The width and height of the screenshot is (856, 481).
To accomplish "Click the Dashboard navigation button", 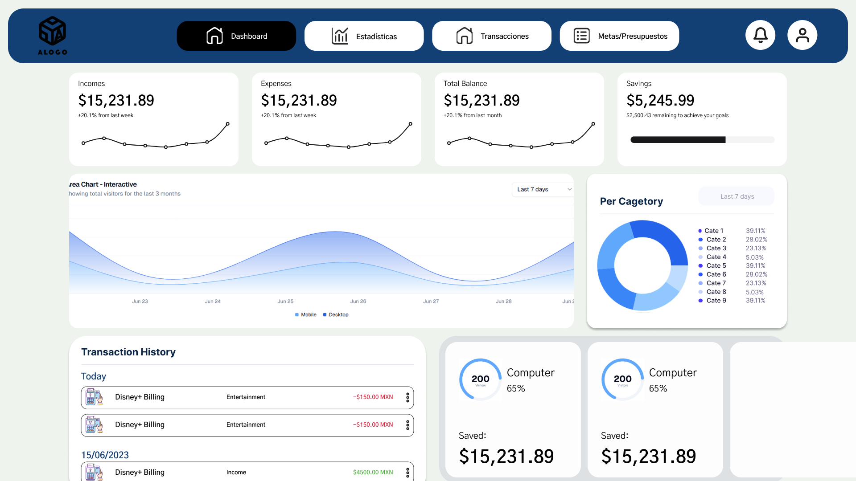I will pyautogui.click(x=236, y=36).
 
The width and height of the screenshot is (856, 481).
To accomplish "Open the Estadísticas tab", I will pyautogui.click(x=364, y=36).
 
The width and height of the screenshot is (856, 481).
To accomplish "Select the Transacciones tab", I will pyautogui.click(x=491, y=36).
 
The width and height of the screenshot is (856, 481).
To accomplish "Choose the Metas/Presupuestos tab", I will pyautogui.click(x=619, y=36).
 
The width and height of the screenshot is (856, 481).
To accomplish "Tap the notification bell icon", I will pyautogui.click(x=760, y=35).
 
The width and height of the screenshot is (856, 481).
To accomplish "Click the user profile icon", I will pyautogui.click(x=802, y=35).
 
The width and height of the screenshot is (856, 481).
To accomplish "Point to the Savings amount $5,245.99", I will pyautogui.click(x=660, y=101).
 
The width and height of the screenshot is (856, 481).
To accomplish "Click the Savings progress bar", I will pyautogui.click(x=702, y=140).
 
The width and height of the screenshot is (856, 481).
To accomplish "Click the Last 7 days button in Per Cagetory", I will pyautogui.click(x=737, y=196).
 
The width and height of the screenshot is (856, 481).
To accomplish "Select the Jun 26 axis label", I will pyautogui.click(x=358, y=302).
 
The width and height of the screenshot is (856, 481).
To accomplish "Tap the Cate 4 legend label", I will pyautogui.click(x=716, y=257).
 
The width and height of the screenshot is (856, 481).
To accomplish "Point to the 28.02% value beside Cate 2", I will pyautogui.click(x=756, y=240).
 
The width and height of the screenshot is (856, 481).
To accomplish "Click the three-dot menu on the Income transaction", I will pyautogui.click(x=407, y=473).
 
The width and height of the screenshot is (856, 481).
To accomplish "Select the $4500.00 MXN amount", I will pyautogui.click(x=373, y=473).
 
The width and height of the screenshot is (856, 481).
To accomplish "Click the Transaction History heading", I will pyautogui.click(x=128, y=352).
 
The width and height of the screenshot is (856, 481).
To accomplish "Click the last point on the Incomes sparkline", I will pyautogui.click(x=227, y=124).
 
